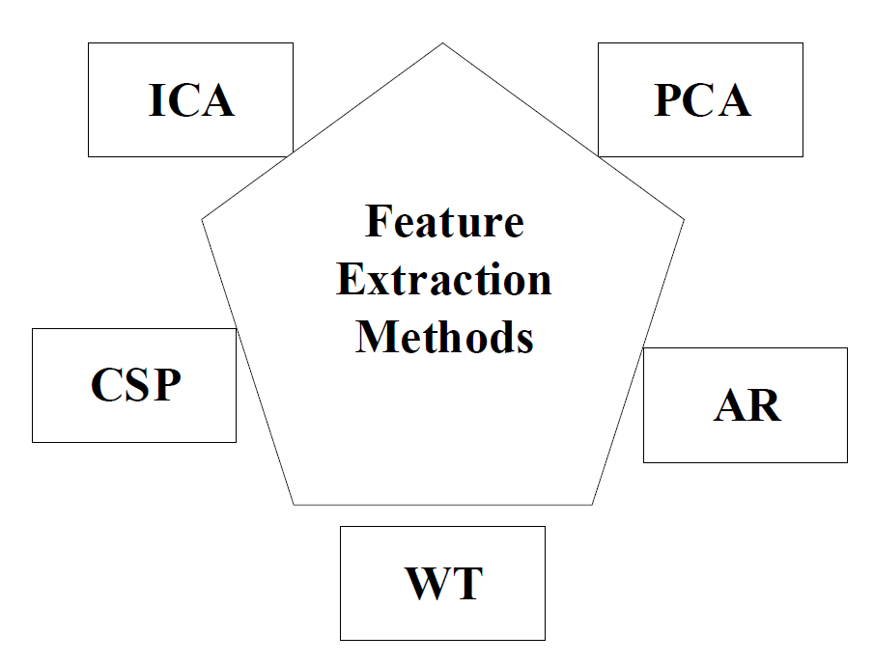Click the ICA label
tap(191, 100)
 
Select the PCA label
tap(702, 100)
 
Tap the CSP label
tap(136, 384)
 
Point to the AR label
tap(747, 405)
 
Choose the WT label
tap(443, 583)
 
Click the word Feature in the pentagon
tap(444, 221)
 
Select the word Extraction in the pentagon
tap(443, 279)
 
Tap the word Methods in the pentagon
tap(444, 337)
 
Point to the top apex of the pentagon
tap(442, 42)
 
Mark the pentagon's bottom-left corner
tap(294, 505)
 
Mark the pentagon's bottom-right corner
tap(592, 505)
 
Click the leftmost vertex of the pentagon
tap(202, 219)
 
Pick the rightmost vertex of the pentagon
tap(684, 219)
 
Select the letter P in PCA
tap(667, 100)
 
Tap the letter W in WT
tap(425, 583)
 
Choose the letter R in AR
tap(766, 405)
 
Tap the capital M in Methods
tap(375, 337)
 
